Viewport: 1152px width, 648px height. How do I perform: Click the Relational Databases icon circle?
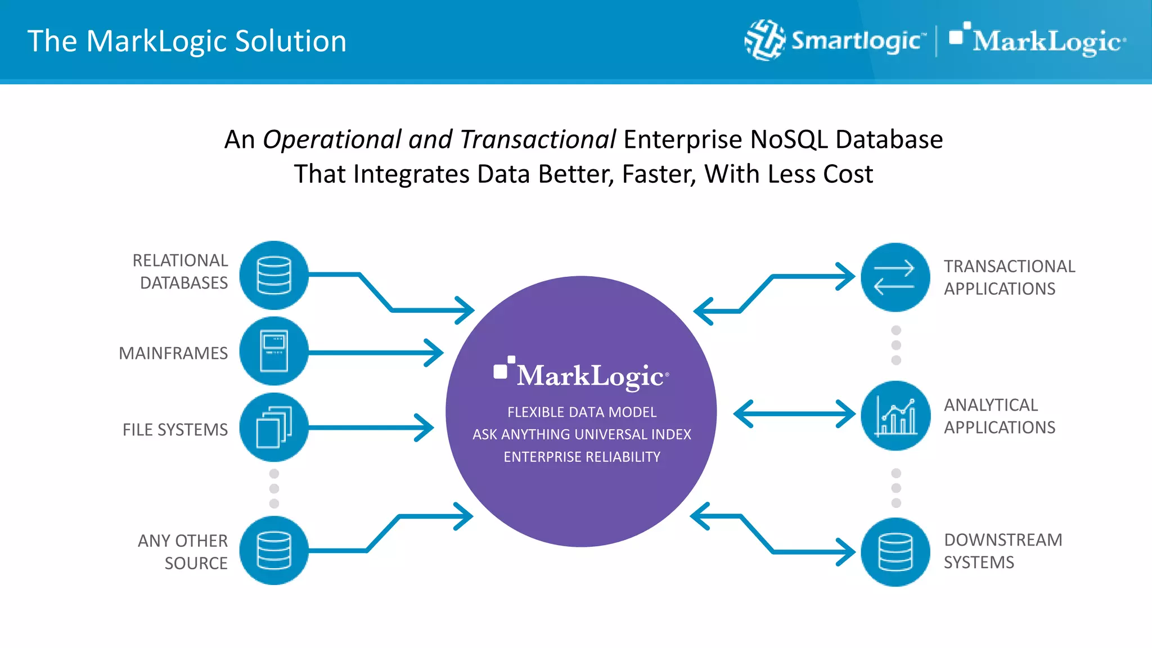click(274, 275)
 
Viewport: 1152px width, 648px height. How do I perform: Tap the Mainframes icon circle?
click(274, 352)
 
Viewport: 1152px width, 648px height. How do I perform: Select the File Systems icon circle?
click(274, 427)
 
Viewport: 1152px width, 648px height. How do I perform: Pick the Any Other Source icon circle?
click(274, 550)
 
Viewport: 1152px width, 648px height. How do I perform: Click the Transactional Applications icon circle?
click(895, 277)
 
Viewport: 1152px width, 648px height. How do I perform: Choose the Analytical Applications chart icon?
click(896, 416)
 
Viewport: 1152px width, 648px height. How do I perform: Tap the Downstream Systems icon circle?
click(895, 552)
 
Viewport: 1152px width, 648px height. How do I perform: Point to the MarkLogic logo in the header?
click(1038, 40)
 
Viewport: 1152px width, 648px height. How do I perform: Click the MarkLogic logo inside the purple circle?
click(582, 374)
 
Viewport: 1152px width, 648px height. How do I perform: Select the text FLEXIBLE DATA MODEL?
click(582, 412)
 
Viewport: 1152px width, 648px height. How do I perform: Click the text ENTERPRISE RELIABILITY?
click(582, 457)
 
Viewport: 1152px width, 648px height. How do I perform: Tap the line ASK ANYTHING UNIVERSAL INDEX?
click(582, 434)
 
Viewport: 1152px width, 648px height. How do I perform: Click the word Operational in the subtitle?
click(332, 139)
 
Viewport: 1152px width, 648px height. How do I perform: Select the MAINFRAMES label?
click(173, 353)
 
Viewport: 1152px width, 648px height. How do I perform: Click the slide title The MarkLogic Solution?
click(187, 41)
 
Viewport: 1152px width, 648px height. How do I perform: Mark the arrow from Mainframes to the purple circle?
click(374, 353)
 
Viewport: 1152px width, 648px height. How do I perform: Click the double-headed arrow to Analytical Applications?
click(794, 414)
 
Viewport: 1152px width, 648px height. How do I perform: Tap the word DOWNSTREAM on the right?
click(1003, 540)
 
